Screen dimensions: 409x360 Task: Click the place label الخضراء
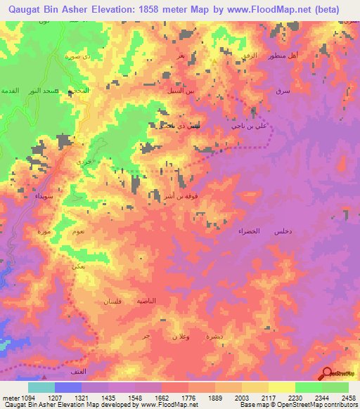coord(249,231)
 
